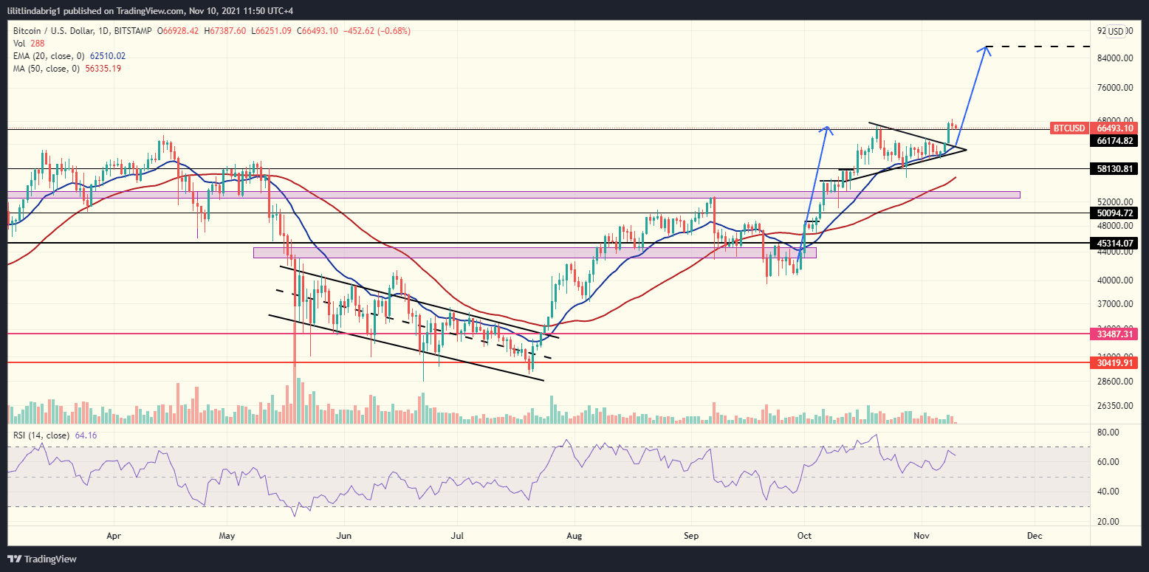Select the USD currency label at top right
tap(1115, 31)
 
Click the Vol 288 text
tap(26, 43)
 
